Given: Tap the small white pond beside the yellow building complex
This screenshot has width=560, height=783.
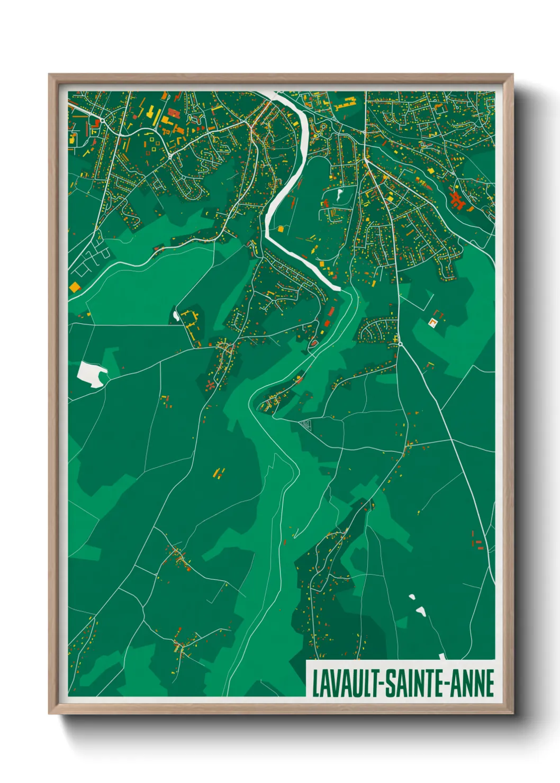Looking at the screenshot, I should click(x=176, y=316).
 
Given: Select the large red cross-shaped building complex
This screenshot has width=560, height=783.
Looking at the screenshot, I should click(x=457, y=199).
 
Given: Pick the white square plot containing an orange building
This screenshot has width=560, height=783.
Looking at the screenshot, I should click(x=433, y=322).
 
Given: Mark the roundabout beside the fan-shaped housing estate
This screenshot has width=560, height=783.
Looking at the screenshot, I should click(x=400, y=344).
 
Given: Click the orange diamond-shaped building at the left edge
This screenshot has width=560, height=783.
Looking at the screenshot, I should click(x=75, y=286).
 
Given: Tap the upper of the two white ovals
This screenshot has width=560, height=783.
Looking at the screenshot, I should click(x=412, y=597).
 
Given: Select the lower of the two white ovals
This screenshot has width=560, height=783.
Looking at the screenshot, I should click(x=421, y=611).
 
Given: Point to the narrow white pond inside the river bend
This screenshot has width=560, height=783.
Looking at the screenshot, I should click(x=339, y=194).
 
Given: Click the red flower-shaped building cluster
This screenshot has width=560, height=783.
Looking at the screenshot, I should click(x=211, y=386).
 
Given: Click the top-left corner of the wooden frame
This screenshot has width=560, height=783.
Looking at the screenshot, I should click(x=50, y=75).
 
